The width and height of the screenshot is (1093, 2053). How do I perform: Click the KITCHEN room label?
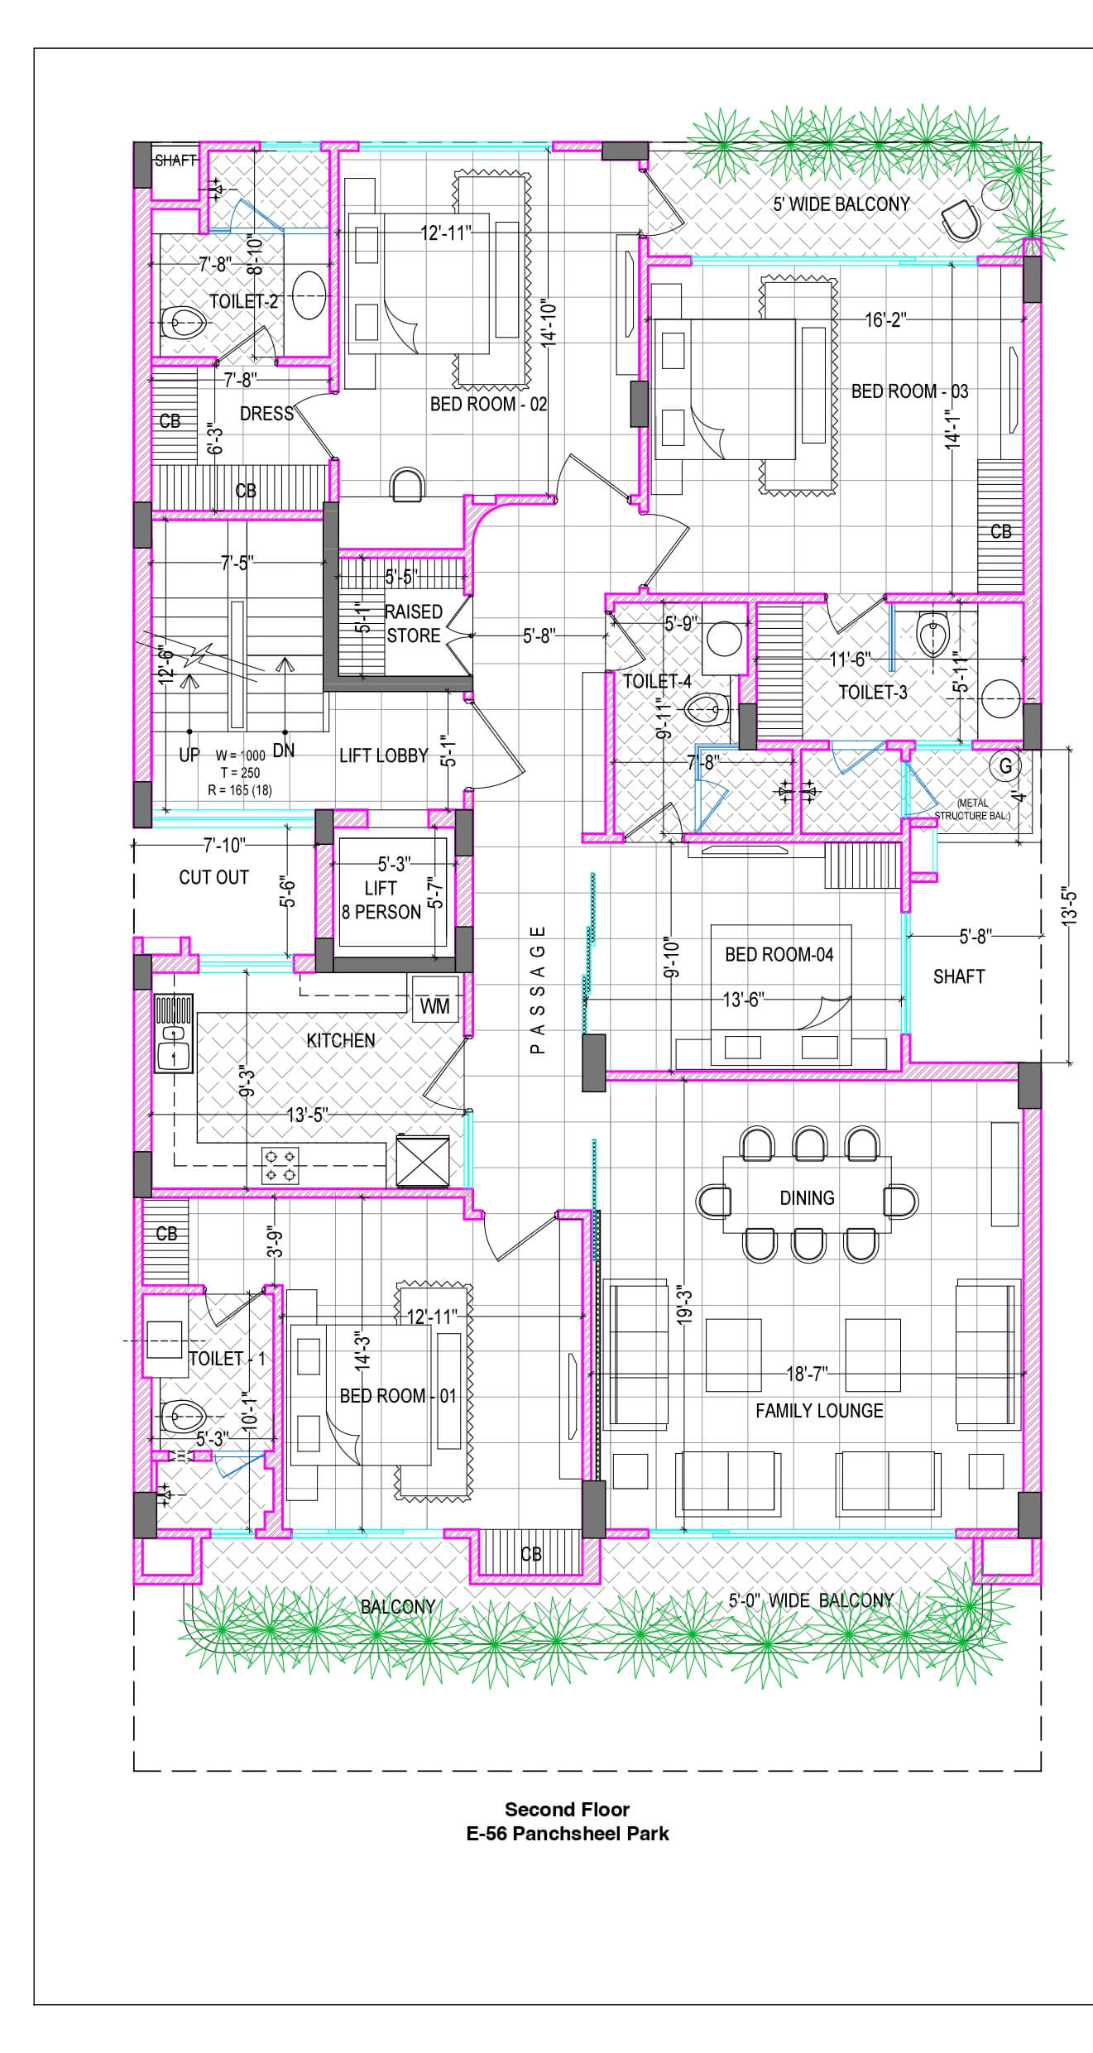click(x=341, y=1040)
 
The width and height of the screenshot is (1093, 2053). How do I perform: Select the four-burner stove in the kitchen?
click(x=280, y=1164)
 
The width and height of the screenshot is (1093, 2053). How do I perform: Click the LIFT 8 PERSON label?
click(x=381, y=900)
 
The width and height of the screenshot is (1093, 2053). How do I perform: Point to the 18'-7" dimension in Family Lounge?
click(x=807, y=1374)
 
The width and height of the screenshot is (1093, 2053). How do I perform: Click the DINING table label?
click(x=807, y=1197)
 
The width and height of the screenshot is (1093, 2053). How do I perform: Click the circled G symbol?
click(x=1005, y=765)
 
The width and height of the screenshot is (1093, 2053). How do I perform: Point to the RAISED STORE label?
click(x=414, y=623)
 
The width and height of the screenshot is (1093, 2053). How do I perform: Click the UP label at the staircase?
click(x=189, y=755)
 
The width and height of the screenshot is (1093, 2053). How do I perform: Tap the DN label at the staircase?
click(x=284, y=751)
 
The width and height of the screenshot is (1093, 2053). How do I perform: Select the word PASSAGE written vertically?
click(x=538, y=989)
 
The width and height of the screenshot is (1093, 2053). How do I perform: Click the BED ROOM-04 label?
click(x=779, y=955)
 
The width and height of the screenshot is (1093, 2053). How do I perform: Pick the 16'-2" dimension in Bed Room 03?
click(x=886, y=319)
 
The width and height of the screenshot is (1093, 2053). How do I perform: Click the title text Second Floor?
click(x=568, y=1809)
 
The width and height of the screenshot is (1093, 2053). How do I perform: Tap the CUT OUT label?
click(x=213, y=877)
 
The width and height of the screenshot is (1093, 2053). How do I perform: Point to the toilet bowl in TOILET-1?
click(x=180, y=1417)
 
